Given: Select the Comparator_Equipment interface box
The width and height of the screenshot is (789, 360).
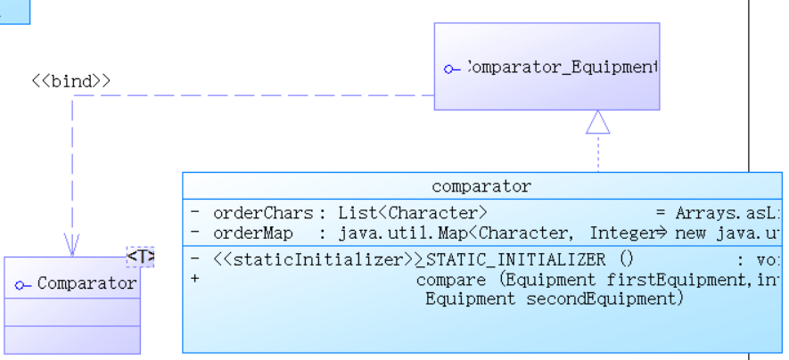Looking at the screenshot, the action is [547, 67].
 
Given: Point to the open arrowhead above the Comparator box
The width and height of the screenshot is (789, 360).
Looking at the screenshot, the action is [72, 244].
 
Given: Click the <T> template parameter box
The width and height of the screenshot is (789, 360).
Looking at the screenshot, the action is [141, 257].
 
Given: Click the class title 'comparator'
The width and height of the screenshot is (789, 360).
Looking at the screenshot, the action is [481, 187].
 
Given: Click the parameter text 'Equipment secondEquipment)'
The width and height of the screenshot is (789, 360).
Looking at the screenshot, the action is [554, 299].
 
